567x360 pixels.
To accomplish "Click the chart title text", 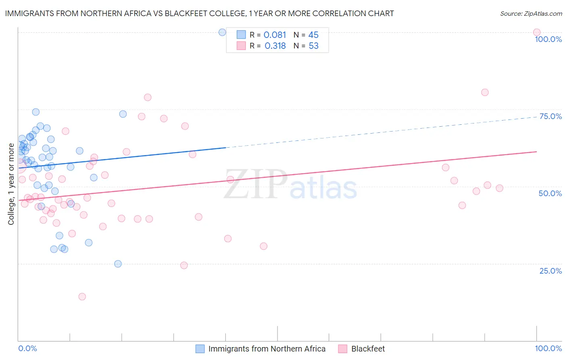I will (x=199, y=13).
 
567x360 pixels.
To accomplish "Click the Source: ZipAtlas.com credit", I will (x=531, y=13).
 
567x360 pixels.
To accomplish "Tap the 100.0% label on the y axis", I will (x=548, y=39).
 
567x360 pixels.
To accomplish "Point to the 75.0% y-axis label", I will (x=550, y=116).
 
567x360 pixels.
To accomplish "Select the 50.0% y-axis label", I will (x=550, y=193).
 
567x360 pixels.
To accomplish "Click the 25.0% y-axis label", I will (x=550, y=270).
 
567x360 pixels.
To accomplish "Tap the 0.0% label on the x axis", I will (x=27, y=348).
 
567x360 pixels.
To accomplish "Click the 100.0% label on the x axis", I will (x=548, y=348).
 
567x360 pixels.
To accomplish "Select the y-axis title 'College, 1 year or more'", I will (x=11, y=184).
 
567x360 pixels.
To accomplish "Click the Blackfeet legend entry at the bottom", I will (x=368, y=349).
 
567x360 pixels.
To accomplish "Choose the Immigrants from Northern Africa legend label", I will (x=267, y=349).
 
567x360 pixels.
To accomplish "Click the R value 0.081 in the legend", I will (x=275, y=35).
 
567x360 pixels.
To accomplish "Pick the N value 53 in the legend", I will (x=313, y=46).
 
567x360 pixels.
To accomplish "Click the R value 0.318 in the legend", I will (x=275, y=46).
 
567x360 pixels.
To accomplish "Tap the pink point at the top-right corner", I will (x=536, y=32).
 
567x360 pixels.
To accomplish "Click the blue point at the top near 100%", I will (x=222, y=32).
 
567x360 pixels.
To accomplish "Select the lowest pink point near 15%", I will (x=82, y=297).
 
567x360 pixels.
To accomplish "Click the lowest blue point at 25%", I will (x=118, y=264).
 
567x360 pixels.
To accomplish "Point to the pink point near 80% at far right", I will (x=485, y=92).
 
